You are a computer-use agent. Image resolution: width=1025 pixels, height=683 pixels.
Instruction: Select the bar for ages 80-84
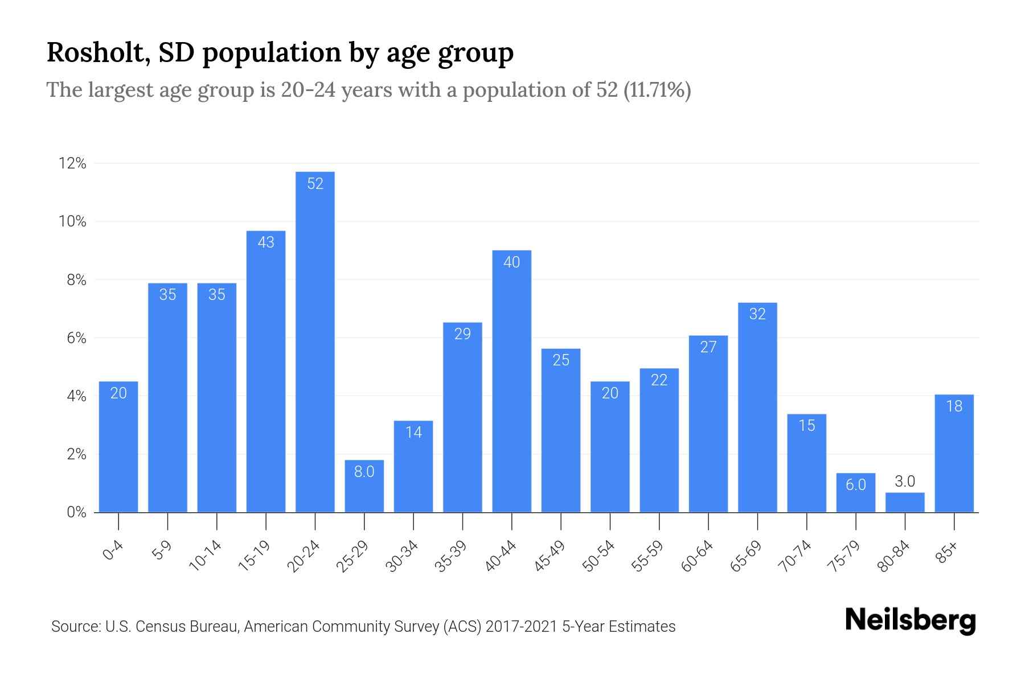905,503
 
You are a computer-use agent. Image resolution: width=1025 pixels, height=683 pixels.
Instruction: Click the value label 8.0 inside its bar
364,472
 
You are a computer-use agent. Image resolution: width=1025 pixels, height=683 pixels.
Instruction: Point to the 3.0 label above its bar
905,482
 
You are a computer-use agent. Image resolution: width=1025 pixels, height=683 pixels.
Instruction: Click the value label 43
266,242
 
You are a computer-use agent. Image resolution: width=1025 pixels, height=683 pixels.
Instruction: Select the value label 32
757,314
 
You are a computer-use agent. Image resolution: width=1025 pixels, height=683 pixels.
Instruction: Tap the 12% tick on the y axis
72,164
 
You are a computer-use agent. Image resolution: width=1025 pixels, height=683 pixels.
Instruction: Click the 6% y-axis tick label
76,338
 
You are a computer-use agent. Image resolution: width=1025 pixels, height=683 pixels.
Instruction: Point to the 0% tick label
76,512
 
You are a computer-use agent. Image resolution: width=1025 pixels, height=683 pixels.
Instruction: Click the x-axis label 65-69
746,556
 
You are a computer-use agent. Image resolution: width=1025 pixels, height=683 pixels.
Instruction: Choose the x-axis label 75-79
844,556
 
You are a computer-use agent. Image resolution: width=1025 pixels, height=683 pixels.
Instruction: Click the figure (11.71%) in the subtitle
657,90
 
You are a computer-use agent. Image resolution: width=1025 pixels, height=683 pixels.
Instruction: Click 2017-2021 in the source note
521,627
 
